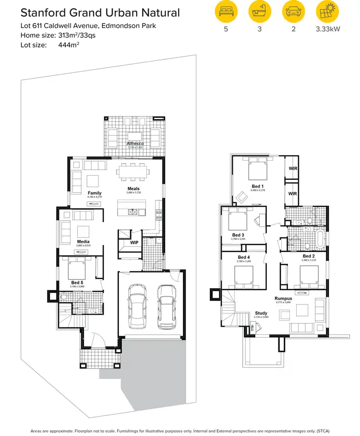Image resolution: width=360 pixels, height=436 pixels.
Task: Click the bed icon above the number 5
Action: (225, 12)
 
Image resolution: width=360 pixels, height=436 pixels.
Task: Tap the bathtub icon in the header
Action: (259, 12)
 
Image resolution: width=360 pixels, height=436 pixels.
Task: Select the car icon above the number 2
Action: (293, 12)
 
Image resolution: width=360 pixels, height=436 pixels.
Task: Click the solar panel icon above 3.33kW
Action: (328, 12)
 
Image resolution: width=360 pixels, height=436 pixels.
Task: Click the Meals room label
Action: (133, 189)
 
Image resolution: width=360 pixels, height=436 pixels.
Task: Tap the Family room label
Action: (95, 193)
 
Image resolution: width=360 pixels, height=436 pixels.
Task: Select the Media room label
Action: (84, 242)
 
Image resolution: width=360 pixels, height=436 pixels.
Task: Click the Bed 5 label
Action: (77, 283)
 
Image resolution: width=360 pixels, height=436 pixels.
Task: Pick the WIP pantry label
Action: (134, 243)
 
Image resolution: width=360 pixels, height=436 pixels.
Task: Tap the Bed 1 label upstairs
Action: (257, 186)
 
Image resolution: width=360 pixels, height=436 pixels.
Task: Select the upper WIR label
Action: (292, 169)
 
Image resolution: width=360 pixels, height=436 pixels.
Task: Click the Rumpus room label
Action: (284, 298)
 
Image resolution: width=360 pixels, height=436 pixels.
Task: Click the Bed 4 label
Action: (244, 258)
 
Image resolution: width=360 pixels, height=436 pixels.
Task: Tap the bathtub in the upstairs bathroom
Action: (319, 237)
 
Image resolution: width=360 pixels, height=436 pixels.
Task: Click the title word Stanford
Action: (43, 13)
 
